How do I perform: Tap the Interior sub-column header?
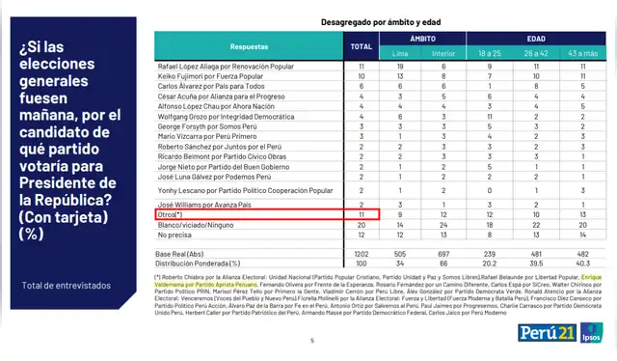point(443,52)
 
